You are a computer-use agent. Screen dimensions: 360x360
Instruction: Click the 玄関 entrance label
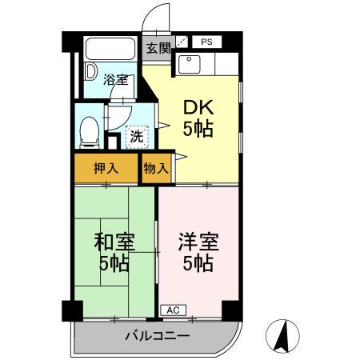pyautogui.click(x=158, y=47)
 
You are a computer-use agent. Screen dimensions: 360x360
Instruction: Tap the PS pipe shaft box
pyautogui.click(x=206, y=42)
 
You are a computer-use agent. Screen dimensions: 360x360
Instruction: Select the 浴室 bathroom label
pyautogui.click(x=116, y=79)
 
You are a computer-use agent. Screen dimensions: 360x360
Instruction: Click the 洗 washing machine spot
pyautogui.click(x=137, y=136)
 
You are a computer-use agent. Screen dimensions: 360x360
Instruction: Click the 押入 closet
pyautogui.click(x=106, y=168)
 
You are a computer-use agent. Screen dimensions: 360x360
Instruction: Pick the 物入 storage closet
pyautogui.click(x=156, y=168)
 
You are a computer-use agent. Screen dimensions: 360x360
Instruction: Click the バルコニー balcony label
pyautogui.click(x=156, y=335)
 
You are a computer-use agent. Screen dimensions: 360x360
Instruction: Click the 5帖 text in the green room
pyautogui.click(x=114, y=263)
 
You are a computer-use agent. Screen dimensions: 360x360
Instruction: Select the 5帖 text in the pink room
pyautogui.click(x=198, y=263)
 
